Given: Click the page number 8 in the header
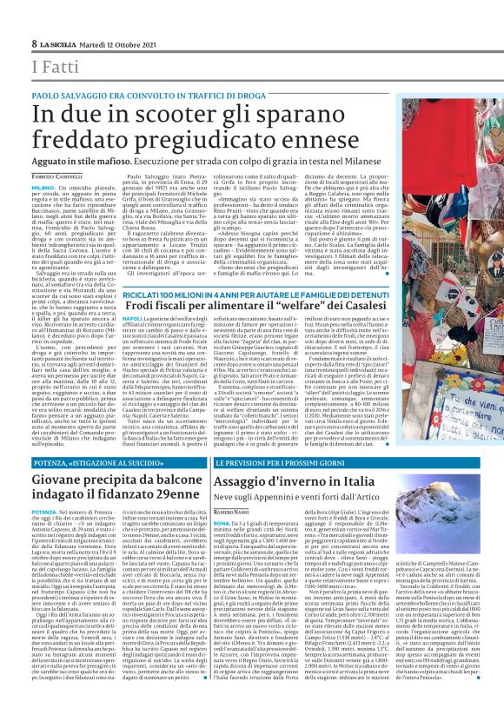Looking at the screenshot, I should [34, 43].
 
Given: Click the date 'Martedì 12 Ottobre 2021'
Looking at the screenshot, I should [121, 43].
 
